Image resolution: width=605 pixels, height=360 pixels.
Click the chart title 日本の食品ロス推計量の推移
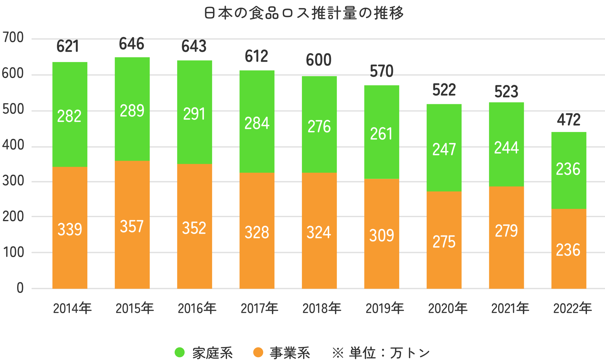(x=304, y=13)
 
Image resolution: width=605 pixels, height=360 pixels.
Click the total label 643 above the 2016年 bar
(x=194, y=46)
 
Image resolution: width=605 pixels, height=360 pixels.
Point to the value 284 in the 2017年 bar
(x=257, y=123)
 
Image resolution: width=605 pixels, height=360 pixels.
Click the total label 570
(x=382, y=71)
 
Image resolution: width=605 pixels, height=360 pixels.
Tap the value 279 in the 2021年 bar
(x=506, y=231)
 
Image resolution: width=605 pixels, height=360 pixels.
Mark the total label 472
(x=569, y=120)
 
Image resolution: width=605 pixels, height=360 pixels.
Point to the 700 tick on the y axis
(x=13, y=38)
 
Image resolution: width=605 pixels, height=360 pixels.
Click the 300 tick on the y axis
(x=13, y=181)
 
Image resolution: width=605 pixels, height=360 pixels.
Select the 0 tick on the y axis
(x=20, y=288)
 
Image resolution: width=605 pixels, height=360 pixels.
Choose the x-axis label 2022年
(x=572, y=309)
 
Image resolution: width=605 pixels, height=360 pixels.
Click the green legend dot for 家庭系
(x=180, y=353)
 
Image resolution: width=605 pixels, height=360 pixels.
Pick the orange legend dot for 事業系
(x=258, y=353)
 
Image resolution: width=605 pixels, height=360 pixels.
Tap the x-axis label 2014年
(x=72, y=309)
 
